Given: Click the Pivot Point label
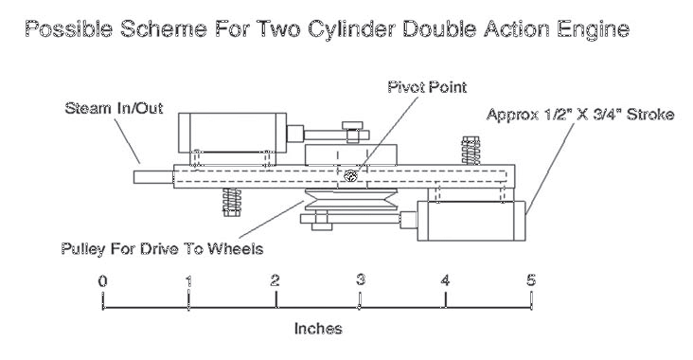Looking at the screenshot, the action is click(427, 86).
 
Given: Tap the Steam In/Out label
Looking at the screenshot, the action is click(114, 108).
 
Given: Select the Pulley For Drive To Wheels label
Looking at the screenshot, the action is click(162, 248).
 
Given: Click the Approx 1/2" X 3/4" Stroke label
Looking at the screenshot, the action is click(580, 115).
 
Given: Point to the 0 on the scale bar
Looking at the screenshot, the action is click(102, 281).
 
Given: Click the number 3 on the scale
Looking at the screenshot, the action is click(361, 280).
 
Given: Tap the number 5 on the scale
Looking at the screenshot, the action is click(531, 280).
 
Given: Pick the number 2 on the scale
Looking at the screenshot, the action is click(275, 280).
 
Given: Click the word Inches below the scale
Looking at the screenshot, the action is click(318, 329).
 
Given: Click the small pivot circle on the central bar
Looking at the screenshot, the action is click(350, 176).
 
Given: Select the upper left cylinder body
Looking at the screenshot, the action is click(233, 133).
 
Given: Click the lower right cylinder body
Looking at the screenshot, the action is click(471, 221).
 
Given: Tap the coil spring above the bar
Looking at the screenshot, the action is click(471, 151).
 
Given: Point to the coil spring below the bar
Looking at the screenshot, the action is click(232, 202).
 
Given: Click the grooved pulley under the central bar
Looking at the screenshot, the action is click(351, 200).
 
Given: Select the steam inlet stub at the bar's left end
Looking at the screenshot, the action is click(153, 177).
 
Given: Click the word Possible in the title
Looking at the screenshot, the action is click(68, 29).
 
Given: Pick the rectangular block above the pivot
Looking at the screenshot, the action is click(350, 154).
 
